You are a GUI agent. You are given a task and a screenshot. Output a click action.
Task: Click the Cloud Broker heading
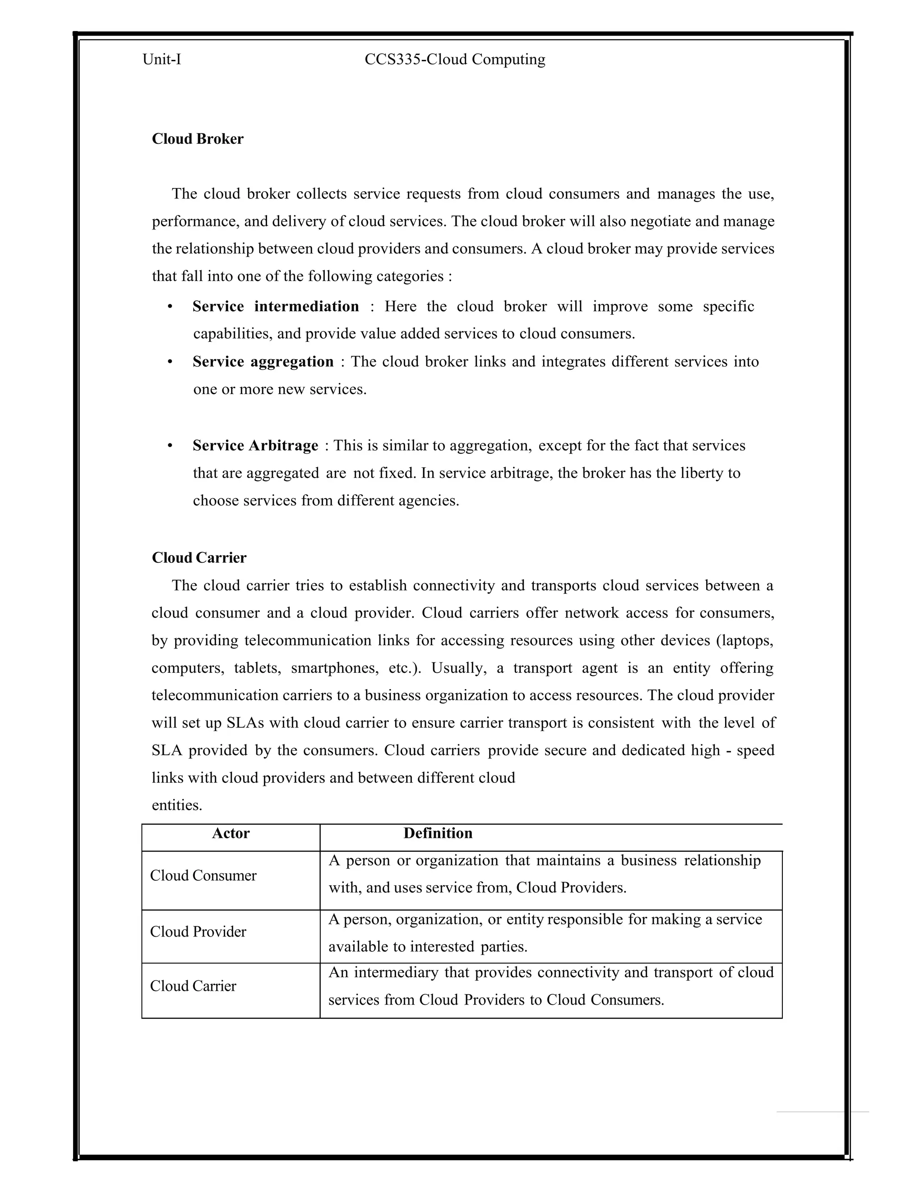tap(198, 139)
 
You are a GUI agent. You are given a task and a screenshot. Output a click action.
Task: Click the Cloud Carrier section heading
tap(199, 557)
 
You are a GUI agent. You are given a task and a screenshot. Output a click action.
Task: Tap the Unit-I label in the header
tap(162, 59)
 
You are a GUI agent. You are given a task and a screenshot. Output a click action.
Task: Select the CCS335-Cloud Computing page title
tap(455, 59)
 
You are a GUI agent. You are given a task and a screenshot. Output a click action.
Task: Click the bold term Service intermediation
tap(275, 306)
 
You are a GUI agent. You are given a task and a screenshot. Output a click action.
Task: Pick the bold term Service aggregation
tap(263, 362)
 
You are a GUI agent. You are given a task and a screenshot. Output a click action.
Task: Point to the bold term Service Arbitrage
tap(255, 446)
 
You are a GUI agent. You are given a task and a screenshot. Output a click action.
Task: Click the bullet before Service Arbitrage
tap(170, 446)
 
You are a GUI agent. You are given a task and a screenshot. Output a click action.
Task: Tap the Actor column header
tap(231, 833)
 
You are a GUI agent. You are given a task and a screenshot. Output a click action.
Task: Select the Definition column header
tap(438, 833)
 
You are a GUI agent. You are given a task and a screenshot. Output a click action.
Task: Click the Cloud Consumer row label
tap(203, 875)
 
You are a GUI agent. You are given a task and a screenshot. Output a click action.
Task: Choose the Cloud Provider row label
tap(198, 932)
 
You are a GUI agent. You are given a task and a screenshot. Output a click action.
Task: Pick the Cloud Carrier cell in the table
tap(193, 986)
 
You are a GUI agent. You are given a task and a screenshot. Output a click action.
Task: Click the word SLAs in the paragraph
tap(245, 723)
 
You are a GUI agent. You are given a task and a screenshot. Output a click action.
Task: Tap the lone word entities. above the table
tap(177, 805)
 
